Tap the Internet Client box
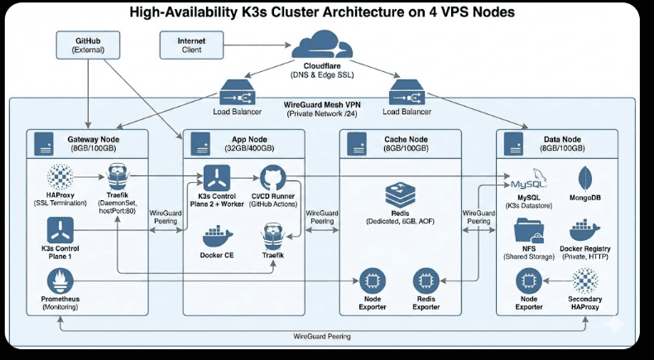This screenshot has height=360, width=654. point(190,45)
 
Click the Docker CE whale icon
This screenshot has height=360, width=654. point(218,237)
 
